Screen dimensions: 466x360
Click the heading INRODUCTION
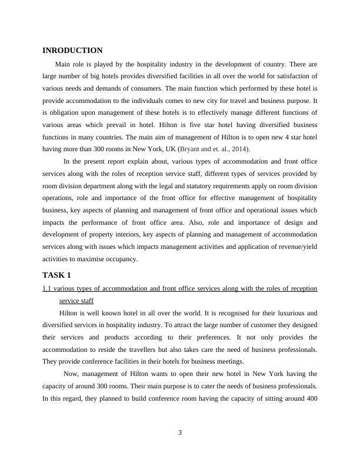(72, 51)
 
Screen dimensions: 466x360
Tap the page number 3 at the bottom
(180, 433)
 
